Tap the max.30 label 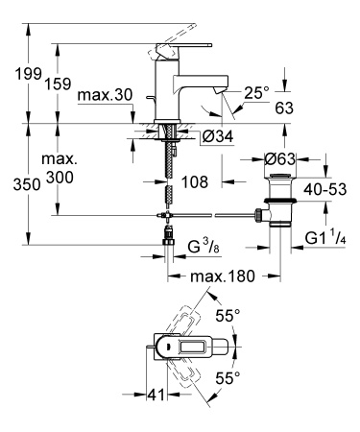tap(105, 98)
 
